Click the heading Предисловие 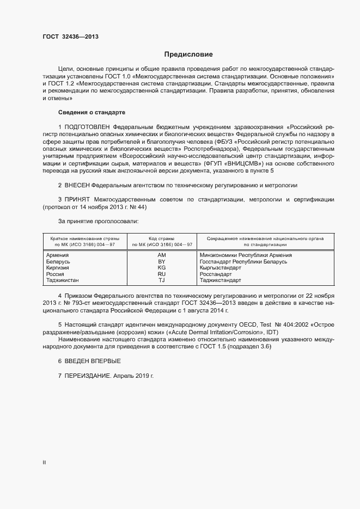(x=188, y=54)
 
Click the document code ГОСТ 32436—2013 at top (x=70, y=37)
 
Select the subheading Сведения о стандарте (x=91, y=112)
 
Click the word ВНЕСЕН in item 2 (x=77, y=185)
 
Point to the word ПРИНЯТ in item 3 (x=77, y=200)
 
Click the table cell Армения (x=57, y=255)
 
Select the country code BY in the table (x=161, y=262)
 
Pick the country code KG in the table (x=161, y=268)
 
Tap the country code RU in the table (x=161, y=274)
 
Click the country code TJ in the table (x=161, y=280)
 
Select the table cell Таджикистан (x=63, y=280)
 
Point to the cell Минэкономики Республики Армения (x=246, y=255)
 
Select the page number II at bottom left (x=44, y=463)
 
